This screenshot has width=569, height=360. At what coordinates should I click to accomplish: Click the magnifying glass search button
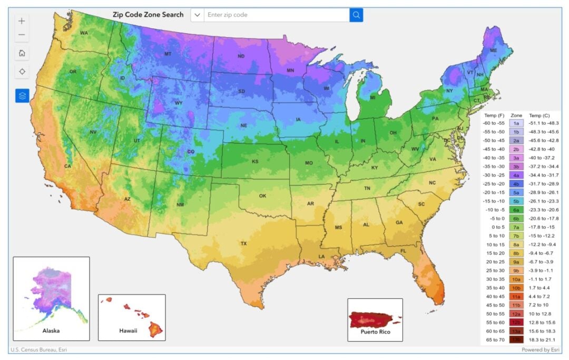tap(356, 15)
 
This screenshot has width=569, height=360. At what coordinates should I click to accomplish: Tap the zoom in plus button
tap(22, 21)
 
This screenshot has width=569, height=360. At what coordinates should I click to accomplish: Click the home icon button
tap(22, 53)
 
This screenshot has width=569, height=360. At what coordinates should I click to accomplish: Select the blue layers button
tap(22, 95)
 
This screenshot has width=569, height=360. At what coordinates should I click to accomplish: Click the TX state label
tap(243, 244)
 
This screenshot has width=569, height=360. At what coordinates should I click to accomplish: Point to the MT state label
tap(168, 54)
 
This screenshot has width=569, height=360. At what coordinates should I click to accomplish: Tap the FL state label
tap(403, 251)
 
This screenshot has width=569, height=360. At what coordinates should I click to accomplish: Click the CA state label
tap(67, 166)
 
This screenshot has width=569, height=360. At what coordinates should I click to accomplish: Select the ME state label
tap(494, 51)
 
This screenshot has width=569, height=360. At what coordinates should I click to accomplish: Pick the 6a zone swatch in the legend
tap(516, 209)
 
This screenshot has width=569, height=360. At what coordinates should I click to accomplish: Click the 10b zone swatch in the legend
tap(516, 288)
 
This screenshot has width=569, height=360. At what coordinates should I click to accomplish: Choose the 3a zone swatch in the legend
tap(516, 157)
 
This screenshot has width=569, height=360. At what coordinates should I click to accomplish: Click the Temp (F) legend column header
tap(494, 114)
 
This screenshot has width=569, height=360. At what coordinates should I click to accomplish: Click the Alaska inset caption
tap(51, 330)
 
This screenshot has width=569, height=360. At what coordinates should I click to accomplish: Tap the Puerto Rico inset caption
tap(375, 332)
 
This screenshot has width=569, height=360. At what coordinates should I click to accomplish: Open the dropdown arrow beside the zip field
tap(197, 15)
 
